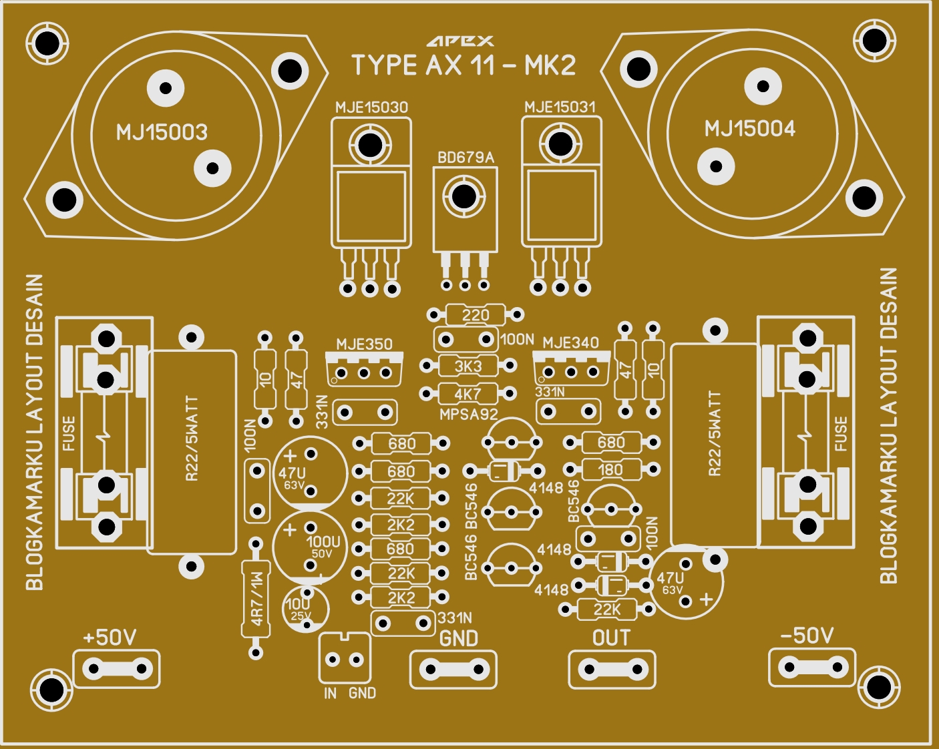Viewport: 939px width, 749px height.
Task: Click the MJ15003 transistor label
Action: (162, 132)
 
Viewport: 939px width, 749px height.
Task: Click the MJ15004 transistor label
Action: (750, 129)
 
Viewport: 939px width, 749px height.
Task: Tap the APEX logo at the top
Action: (461, 41)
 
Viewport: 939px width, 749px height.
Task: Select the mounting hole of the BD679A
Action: (464, 196)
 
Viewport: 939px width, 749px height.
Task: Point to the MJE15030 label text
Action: (371, 107)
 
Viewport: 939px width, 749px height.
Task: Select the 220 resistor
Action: (476, 314)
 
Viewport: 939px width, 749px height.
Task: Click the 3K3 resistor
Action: (468, 366)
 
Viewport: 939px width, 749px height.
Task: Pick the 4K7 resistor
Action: (467, 394)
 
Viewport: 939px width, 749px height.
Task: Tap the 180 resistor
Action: (610, 470)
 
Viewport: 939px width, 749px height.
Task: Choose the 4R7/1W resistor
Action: (256, 599)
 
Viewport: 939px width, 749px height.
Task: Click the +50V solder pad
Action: (117, 668)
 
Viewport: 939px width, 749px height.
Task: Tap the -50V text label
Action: (807, 636)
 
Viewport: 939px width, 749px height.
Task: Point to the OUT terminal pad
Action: (612, 668)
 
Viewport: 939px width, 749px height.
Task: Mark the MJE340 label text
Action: (570, 343)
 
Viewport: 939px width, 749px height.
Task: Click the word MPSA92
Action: (469, 415)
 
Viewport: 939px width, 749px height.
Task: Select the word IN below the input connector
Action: (330, 694)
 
